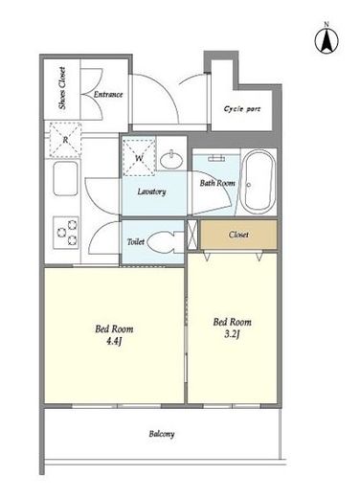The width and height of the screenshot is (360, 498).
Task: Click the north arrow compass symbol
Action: click(x=326, y=40)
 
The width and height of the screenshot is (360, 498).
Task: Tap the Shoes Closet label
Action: click(x=62, y=88)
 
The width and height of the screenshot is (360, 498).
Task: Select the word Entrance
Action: click(x=108, y=94)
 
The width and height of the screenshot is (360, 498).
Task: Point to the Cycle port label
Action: click(x=242, y=109)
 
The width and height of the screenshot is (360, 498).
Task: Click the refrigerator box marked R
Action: click(x=65, y=140)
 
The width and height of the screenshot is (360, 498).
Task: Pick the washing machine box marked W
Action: click(x=139, y=157)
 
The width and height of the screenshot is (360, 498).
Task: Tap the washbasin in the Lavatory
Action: click(x=171, y=159)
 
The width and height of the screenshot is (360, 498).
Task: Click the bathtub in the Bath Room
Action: click(x=258, y=182)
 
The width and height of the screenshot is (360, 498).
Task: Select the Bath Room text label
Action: click(x=217, y=183)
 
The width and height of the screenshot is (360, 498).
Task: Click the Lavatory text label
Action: click(x=151, y=192)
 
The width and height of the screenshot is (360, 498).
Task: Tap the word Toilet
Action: click(x=136, y=241)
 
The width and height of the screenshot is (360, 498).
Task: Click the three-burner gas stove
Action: click(x=66, y=233)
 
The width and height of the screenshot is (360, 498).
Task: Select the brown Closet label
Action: click(x=238, y=235)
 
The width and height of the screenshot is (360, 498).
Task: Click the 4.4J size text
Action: click(x=114, y=341)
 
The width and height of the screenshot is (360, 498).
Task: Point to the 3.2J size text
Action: click(x=232, y=334)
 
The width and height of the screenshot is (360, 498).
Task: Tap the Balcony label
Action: click(x=162, y=434)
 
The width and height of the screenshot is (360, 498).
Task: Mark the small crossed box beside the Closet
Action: click(x=192, y=235)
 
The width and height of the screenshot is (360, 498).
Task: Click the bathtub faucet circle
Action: click(x=248, y=185)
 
